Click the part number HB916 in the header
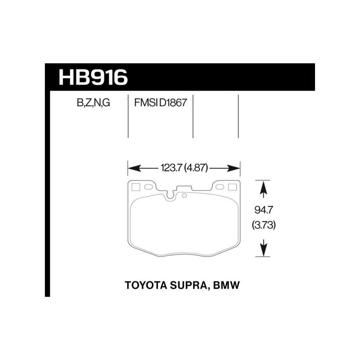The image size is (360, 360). tap(93, 77)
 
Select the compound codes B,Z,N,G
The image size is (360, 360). tap(93, 104)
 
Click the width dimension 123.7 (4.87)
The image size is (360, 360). tap(184, 168)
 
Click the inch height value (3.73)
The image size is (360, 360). tap(264, 226)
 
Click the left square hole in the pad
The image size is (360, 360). tap(136, 187)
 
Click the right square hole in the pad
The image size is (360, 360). tap(232, 187)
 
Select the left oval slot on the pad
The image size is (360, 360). tap(148, 187)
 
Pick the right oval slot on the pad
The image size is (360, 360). tap(220, 187)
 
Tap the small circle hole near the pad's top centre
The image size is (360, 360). tap(184, 195)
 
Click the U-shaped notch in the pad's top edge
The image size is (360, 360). tap(169, 195)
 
